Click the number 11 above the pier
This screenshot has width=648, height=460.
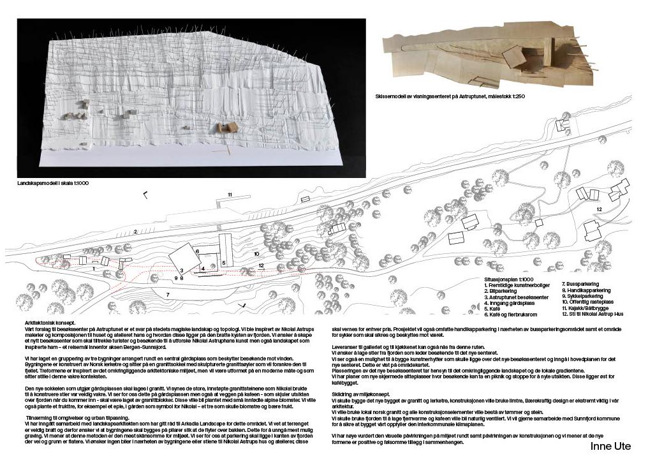point(229,194)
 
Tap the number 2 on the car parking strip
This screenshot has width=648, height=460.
point(135,231)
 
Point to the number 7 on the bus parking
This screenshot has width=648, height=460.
point(167,294)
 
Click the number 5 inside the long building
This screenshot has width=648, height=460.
point(224,262)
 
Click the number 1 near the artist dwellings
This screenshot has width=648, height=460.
point(94,269)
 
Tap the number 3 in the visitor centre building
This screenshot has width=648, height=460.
point(182,271)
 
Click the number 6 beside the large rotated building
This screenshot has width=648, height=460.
point(198,252)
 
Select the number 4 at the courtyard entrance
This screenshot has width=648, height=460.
point(202,269)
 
